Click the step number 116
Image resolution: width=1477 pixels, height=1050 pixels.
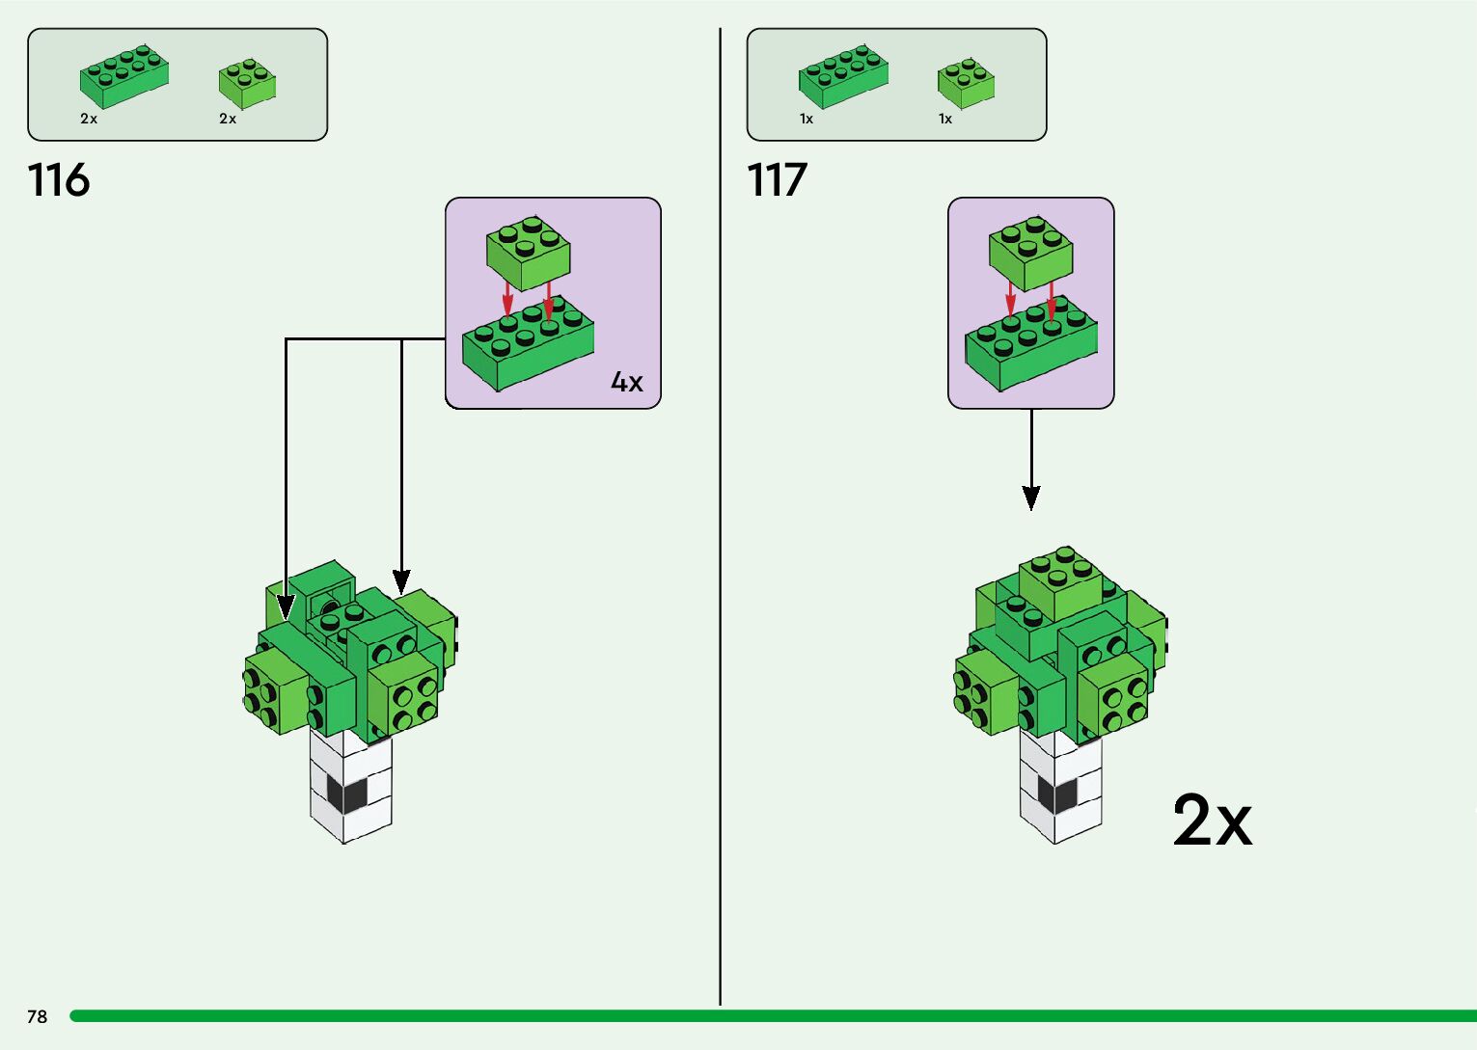pos(59,180)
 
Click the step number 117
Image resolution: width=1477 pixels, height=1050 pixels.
pos(777,180)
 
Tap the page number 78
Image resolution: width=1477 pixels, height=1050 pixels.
pos(37,1016)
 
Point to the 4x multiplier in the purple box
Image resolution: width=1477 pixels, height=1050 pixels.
pos(626,382)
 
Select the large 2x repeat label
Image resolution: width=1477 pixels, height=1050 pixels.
pos(1212,821)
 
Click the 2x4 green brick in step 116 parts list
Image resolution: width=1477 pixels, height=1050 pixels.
pos(123,77)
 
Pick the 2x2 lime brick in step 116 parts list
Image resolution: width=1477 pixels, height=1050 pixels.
pos(247,83)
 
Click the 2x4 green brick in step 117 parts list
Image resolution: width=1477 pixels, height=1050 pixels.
pos(843,75)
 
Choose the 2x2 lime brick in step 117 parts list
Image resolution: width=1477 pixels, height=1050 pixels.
pos(966,83)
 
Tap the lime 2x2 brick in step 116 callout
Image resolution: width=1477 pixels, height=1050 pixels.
pos(528,252)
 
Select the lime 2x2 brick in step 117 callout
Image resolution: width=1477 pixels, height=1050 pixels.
pos(1031,253)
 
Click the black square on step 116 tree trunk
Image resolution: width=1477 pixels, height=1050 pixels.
pos(347,794)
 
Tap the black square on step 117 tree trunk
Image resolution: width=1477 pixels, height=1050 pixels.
pos(1057,795)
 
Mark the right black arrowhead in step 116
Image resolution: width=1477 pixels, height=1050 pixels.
pos(401,580)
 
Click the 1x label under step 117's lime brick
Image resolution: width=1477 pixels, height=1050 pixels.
pos(945,119)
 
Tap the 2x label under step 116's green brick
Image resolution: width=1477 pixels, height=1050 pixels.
pos(89,119)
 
